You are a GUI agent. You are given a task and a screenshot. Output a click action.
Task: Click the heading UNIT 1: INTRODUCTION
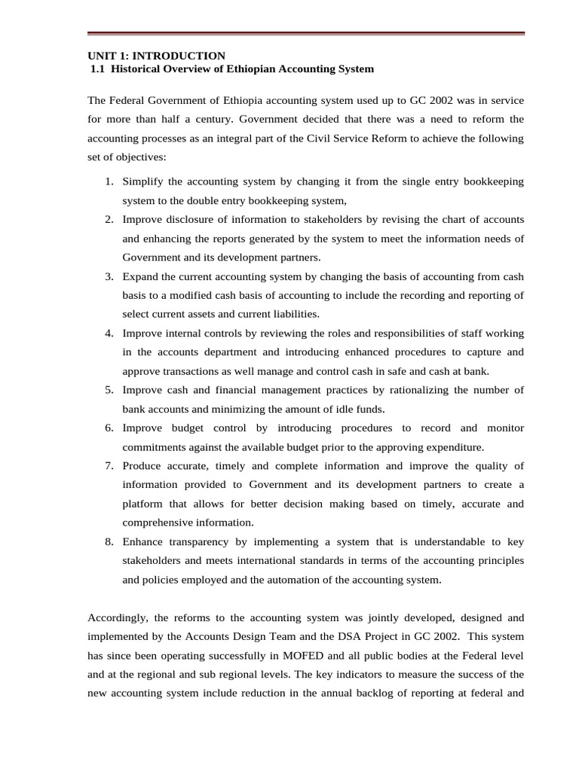click(x=156, y=56)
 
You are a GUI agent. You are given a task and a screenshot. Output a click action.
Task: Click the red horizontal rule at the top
click(x=305, y=33)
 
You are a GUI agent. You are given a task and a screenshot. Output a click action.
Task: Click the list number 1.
click(x=109, y=182)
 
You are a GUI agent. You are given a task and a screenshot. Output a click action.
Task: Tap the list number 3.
click(x=109, y=276)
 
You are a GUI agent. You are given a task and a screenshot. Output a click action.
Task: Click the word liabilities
click(x=293, y=314)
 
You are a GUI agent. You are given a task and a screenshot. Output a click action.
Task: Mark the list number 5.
click(x=109, y=390)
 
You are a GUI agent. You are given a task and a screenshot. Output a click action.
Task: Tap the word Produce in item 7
click(x=142, y=466)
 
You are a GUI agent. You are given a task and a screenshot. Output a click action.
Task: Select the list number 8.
click(x=109, y=542)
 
